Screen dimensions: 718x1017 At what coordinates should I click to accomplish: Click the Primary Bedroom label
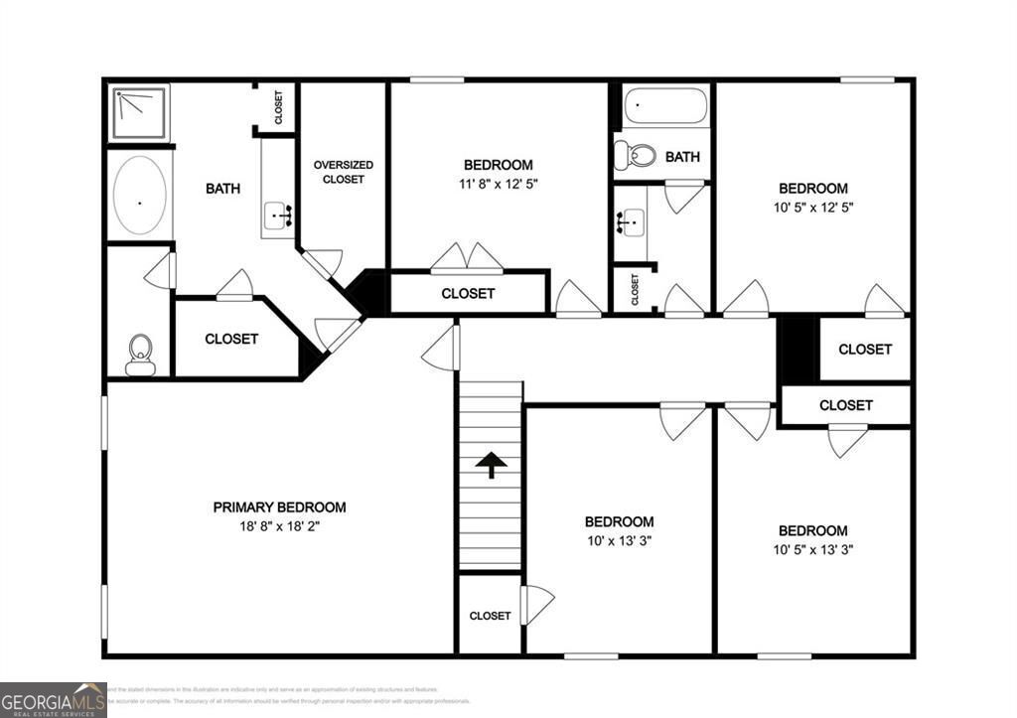coord(279,506)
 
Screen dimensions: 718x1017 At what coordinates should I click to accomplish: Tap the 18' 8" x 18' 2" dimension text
coord(279,526)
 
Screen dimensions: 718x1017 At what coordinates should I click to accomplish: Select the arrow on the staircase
coord(491,465)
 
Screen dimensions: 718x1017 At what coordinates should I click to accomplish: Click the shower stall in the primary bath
coord(139,112)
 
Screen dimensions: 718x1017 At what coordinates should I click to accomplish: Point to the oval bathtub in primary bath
coord(139,196)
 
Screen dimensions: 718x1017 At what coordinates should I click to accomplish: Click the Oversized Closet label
coord(343,172)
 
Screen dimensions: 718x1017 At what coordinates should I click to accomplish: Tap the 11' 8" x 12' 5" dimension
coord(498,184)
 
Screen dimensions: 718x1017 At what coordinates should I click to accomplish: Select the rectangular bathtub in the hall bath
coord(664,106)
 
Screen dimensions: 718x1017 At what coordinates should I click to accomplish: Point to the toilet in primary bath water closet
coord(140,355)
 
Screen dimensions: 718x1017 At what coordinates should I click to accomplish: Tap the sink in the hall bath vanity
coord(630,221)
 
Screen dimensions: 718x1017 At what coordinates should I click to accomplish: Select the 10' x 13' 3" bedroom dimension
coord(619,541)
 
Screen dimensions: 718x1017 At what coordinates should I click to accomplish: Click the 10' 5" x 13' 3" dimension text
coord(812,549)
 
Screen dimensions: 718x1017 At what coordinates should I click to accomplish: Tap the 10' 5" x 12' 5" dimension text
coord(812,208)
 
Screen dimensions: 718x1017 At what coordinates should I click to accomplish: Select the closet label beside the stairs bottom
coord(490,616)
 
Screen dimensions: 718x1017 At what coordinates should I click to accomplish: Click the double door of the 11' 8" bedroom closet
coord(467,257)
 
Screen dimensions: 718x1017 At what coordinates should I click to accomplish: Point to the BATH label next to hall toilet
coord(682,157)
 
